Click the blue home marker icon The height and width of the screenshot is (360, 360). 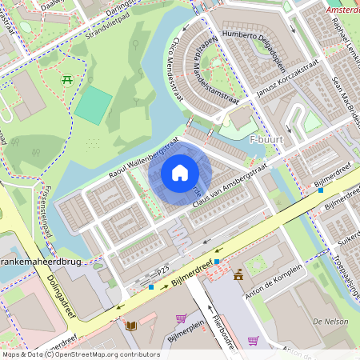point(180,172)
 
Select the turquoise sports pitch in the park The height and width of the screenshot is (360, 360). point(94,105)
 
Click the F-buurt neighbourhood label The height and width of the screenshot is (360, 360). point(268,140)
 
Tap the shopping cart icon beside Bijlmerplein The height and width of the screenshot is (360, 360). point(181,318)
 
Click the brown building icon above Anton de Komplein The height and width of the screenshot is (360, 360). point(238,276)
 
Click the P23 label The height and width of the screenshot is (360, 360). point(164,273)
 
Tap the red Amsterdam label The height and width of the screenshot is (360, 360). point(342,10)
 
